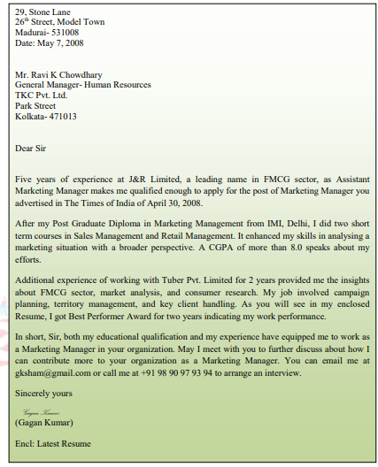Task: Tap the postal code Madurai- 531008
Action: point(47,33)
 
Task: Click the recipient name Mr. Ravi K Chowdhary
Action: point(58,74)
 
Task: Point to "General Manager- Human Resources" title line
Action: point(83,85)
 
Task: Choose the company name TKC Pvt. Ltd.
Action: point(42,96)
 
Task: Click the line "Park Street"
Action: point(35,106)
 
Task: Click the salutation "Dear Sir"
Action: point(31,148)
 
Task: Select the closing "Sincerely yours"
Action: point(44,393)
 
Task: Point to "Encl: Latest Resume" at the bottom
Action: point(53,442)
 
